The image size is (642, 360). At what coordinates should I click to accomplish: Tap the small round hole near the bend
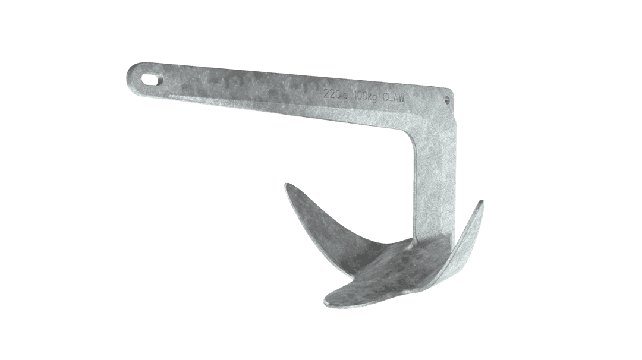(x=449, y=101)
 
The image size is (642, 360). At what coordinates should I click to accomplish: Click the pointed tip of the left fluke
(x=287, y=185)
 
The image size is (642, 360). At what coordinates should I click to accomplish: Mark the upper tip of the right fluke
(x=481, y=202)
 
